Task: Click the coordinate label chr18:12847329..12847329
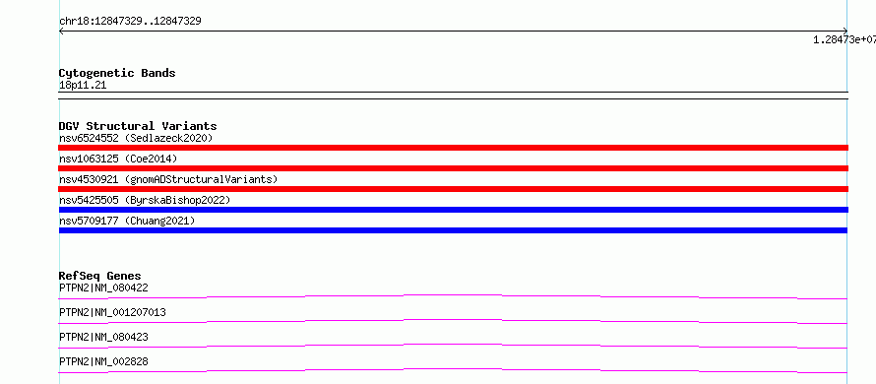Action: (130, 22)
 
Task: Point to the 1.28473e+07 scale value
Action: (845, 39)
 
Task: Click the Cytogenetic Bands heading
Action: (117, 73)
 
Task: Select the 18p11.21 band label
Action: (83, 86)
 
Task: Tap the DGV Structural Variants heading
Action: (138, 126)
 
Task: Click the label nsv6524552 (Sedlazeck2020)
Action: (136, 138)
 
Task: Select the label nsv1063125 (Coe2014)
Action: (118, 159)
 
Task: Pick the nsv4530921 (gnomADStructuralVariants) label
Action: (168, 179)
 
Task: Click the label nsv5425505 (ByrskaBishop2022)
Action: (145, 200)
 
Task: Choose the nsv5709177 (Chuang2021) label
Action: (127, 221)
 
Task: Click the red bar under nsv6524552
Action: (453, 148)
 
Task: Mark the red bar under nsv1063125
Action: (453, 168)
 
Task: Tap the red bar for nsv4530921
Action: (453, 189)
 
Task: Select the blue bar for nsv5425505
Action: (453, 210)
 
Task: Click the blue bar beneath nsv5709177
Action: (453, 230)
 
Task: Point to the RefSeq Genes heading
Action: (100, 276)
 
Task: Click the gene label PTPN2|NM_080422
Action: (103, 288)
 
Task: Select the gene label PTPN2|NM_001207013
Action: (112, 312)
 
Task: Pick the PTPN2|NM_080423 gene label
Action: (103, 337)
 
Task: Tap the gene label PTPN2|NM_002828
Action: (103, 361)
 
